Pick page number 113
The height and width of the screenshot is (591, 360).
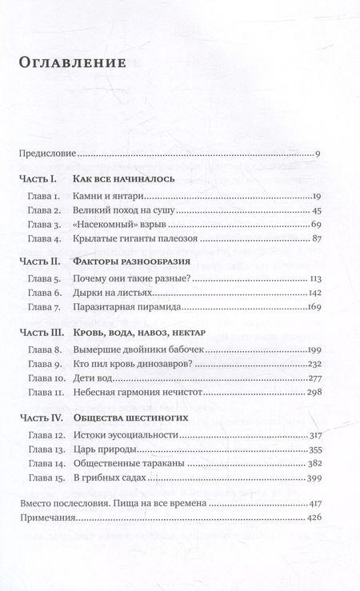313,280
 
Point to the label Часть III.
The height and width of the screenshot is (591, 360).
39,330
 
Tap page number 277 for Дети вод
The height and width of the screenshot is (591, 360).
312,378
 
